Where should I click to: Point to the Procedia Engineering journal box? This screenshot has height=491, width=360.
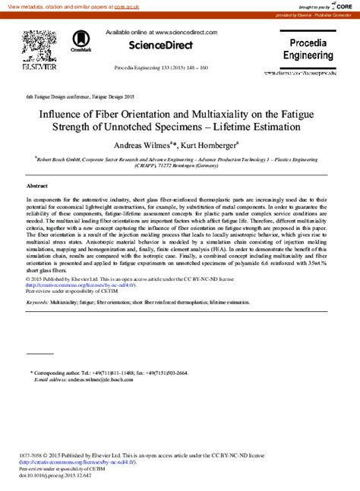(308, 49)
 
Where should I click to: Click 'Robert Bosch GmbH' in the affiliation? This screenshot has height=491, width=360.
(62, 161)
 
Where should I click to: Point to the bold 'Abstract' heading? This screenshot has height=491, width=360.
(36, 186)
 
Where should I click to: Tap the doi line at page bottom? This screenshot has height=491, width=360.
(55, 476)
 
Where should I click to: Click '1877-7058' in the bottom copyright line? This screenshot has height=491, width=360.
(33, 455)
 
